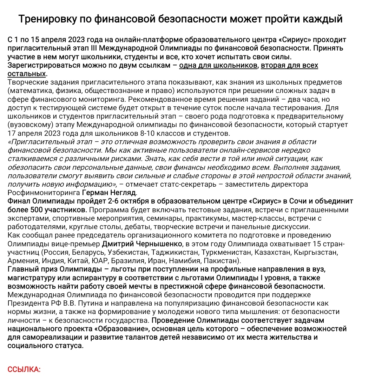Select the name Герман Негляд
point(109,192)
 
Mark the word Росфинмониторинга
point(44,192)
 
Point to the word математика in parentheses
point(28,91)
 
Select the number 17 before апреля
point(12,133)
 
